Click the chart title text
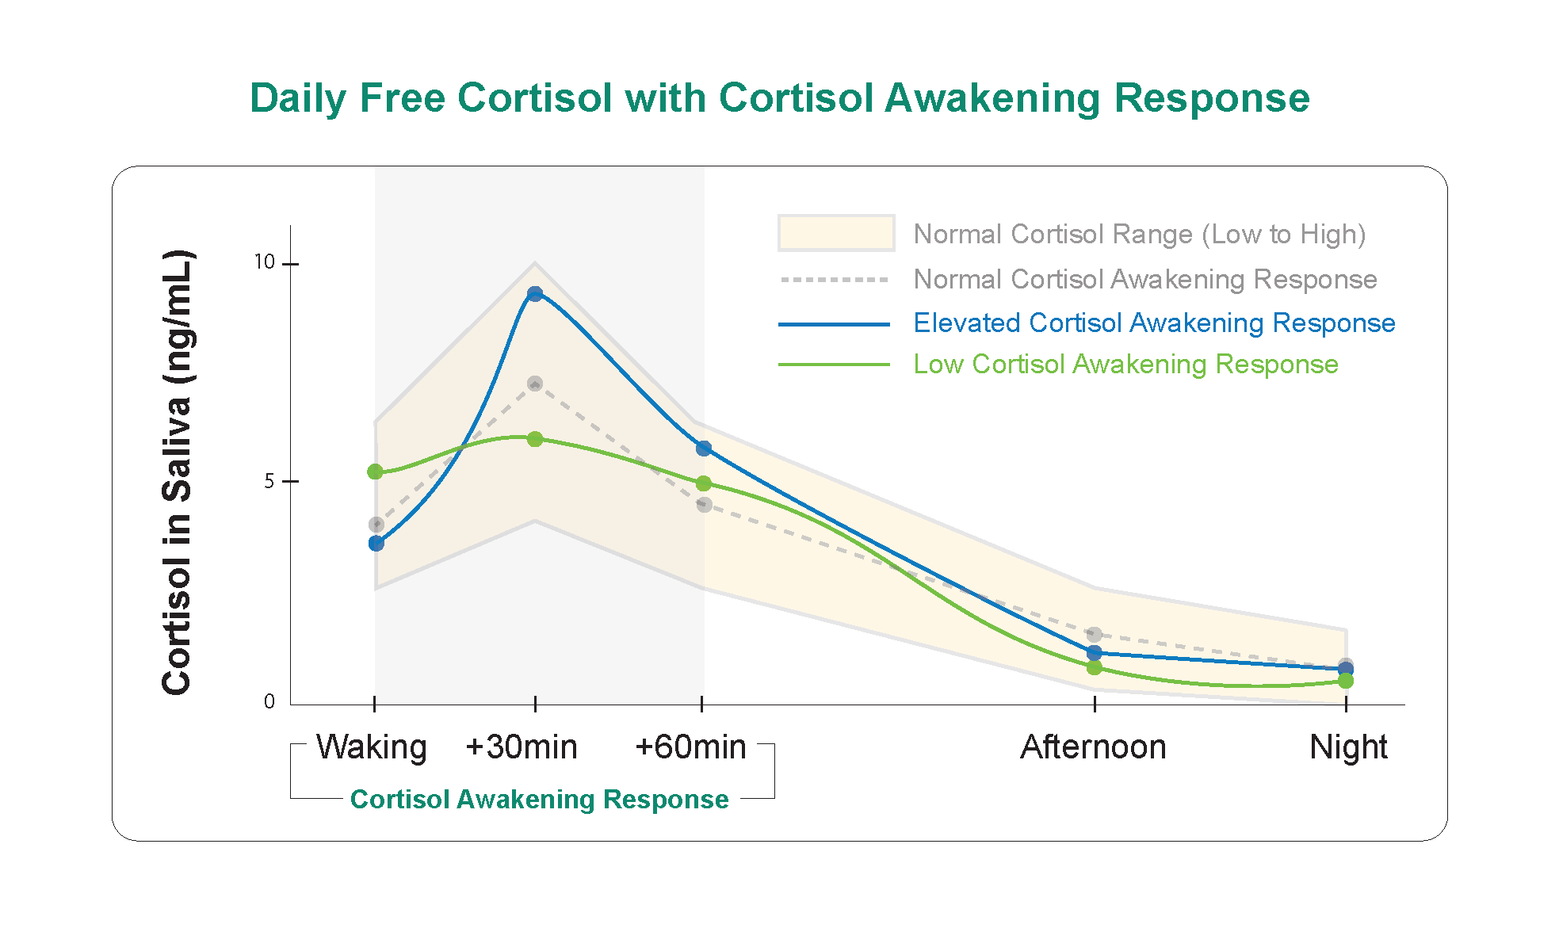tap(779, 98)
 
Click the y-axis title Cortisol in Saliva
tap(178, 472)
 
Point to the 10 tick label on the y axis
tap(264, 262)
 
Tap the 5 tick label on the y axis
tap(269, 481)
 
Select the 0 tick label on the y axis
tap(269, 701)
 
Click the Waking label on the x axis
tap(371, 747)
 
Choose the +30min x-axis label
tap(522, 747)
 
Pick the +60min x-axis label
tap(690, 747)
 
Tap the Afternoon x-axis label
tap(1093, 747)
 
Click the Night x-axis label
tap(1347, 747)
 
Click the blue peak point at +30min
tap(535, 294)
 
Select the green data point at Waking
tap(376, 472)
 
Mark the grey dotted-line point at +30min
tap(535, 384)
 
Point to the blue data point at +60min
tap(704, 449)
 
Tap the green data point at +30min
tap(535, 439)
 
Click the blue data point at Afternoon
tap(1095, 653)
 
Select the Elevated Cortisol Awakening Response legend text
tap(1154, 323)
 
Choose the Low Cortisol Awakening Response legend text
tap(1125, 365)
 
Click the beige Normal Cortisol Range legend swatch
tap(836, 233)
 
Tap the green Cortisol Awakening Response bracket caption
tap(539, 799)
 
